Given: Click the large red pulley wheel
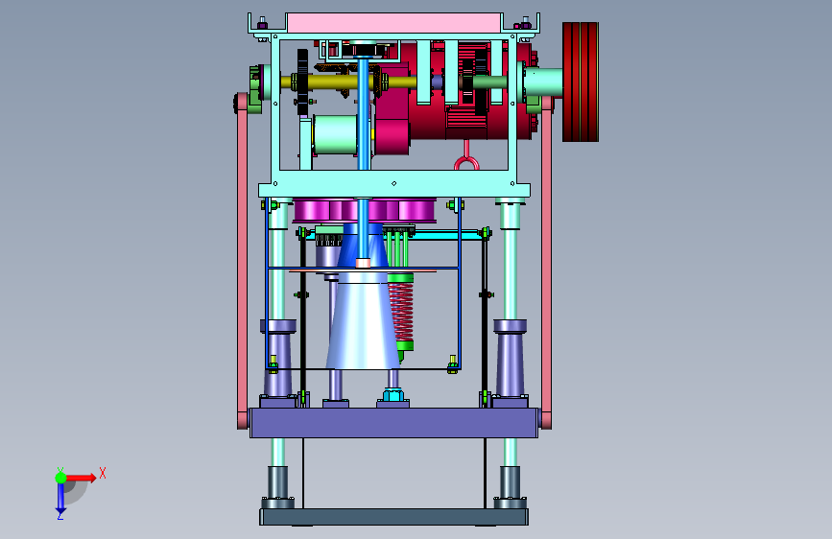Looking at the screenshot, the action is click(581, 82).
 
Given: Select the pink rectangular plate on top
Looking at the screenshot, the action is click(393, 23).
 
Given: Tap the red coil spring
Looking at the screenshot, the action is click(401, 312).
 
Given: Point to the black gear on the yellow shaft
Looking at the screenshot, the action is click(302, 82).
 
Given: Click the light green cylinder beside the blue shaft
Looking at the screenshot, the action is click(335, 134).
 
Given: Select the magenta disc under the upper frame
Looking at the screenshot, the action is click(365, 211).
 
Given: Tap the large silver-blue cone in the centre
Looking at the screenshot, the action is click(363, 320).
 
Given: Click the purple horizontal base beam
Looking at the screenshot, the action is click(393, 423).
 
